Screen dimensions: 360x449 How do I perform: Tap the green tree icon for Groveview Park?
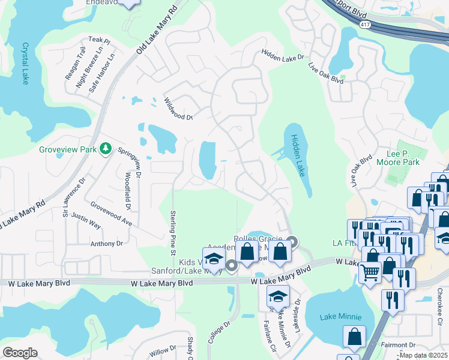coord(106,148)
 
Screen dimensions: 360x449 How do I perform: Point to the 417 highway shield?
coord(365,24)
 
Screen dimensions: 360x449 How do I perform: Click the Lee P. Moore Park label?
coord(397,158)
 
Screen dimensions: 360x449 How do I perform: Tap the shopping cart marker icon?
coord(370,272)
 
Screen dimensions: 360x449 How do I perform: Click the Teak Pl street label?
coord(100,41)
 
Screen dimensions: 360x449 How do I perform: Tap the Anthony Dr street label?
coord(106,244)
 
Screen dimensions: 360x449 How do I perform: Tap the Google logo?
coord(20,352)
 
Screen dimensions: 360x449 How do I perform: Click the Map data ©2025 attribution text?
coord(423,355)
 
